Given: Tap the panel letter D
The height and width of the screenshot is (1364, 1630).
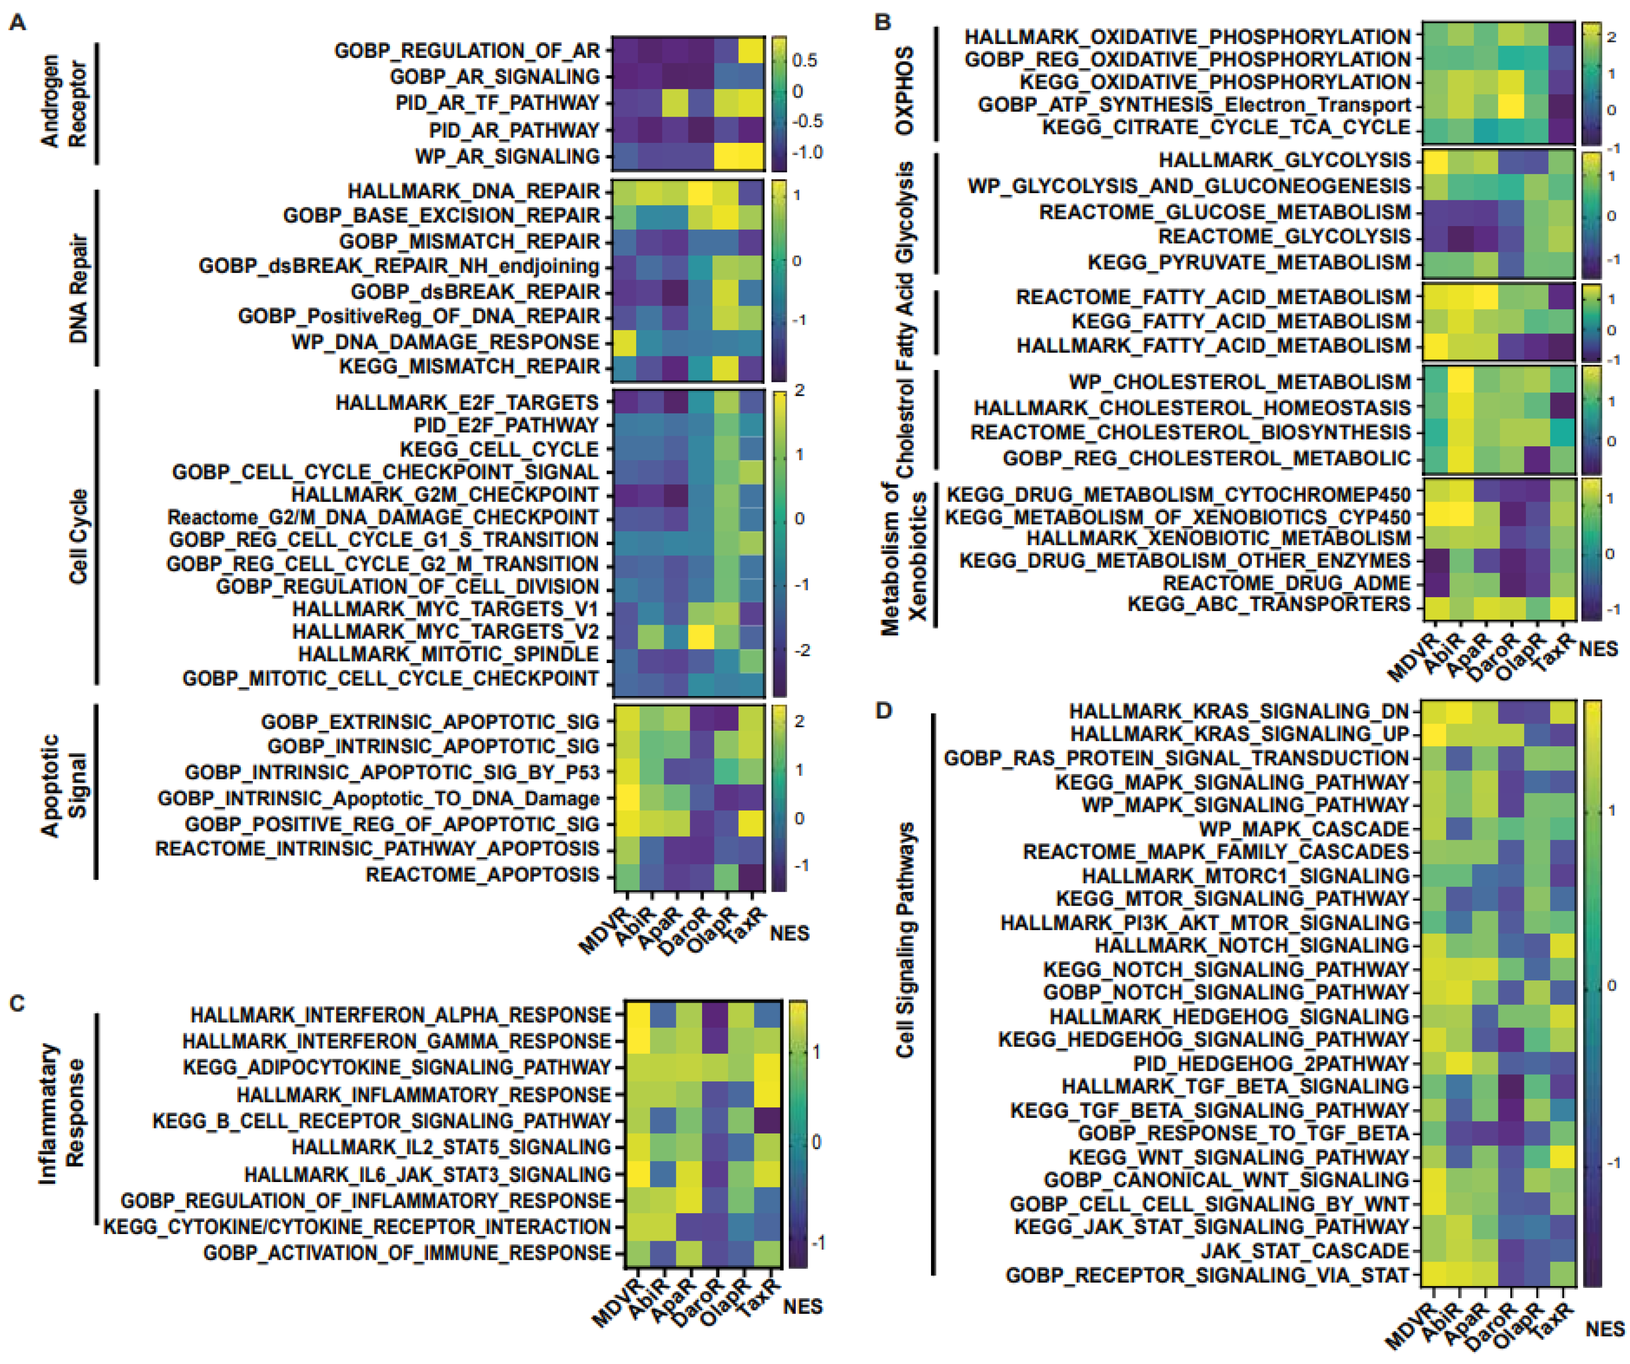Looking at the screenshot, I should (x=883, y=710).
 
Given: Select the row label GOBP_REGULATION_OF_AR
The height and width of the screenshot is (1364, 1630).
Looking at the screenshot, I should (x=467, y=51).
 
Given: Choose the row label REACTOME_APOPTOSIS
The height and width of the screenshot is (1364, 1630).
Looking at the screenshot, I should (x=482, y=874).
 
